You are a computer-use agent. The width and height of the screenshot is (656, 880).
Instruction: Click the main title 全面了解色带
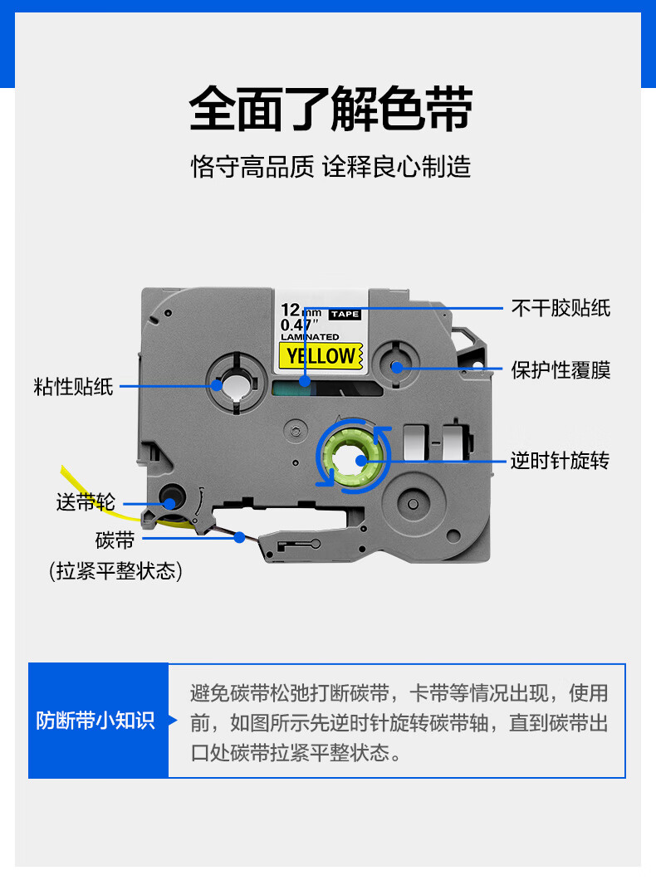(330, 109)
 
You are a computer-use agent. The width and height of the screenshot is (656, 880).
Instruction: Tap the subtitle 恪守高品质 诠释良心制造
(330, 167)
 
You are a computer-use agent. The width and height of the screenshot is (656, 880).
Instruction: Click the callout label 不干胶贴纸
(561, 308)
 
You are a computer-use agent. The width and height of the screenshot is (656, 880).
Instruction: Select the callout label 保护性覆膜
(561, 370)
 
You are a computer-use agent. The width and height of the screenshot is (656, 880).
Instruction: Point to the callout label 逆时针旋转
(560, 461)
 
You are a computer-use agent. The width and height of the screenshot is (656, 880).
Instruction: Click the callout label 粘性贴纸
(74, 387)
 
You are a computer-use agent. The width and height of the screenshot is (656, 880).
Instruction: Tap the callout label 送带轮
(86, 502)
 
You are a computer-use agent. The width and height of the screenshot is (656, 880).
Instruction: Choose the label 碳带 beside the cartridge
(115, 540)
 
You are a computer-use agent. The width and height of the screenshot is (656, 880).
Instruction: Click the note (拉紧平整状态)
(115, 571)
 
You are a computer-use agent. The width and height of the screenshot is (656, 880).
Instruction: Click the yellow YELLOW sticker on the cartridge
(321, 356)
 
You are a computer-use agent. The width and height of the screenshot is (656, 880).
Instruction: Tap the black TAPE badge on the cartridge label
(345, 315)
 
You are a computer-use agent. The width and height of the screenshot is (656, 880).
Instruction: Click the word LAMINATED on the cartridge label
(310, 337)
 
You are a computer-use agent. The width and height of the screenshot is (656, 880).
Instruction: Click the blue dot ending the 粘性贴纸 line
(217, 385)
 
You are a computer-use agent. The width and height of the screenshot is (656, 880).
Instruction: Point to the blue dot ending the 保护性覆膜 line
(397, 368)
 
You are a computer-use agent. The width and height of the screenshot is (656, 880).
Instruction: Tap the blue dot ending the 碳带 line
(240, 538)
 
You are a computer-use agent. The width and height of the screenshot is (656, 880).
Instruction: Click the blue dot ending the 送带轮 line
(169, 503)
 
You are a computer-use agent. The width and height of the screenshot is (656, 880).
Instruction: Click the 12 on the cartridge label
(291, 310)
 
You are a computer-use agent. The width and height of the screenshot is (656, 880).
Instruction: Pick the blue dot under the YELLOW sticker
(305, 382)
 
